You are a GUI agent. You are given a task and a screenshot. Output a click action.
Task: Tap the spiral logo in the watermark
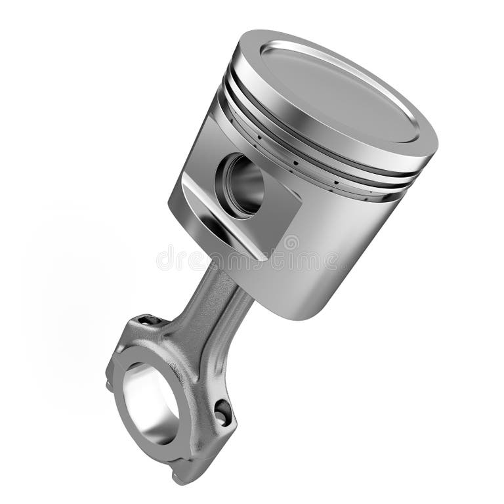290,243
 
